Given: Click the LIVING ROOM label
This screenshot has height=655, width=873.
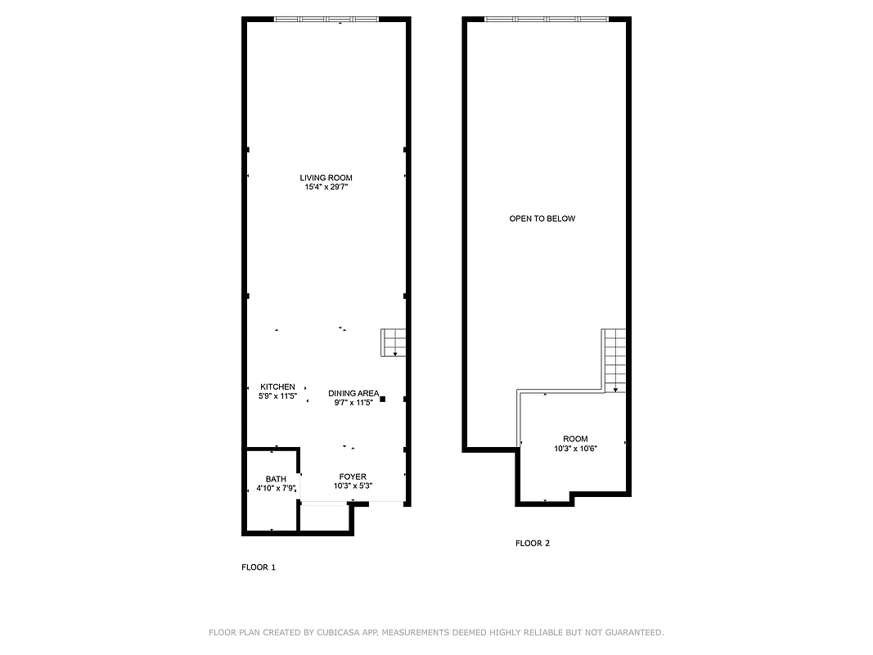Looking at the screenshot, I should [326, 178].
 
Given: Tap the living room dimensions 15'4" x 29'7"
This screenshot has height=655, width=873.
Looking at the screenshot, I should [326, 187].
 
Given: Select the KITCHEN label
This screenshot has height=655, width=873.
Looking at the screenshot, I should [277, 386].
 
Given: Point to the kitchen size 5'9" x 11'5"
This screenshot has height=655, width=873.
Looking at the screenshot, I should [277, 395].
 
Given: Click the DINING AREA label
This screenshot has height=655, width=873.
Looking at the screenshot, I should [353, 393].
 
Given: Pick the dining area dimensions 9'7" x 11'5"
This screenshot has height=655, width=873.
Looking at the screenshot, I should [353, 402].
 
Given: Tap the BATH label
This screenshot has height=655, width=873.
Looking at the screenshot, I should [276, 479].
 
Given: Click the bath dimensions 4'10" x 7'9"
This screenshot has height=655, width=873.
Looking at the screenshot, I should [276, 489].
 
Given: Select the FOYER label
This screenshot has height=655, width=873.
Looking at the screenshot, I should [353, 477].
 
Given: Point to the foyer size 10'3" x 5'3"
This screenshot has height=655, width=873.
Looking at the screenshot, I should [353, 486].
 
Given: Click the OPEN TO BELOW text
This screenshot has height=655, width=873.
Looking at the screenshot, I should [542, 219].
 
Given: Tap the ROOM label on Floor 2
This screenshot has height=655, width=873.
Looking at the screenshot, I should [575, 439].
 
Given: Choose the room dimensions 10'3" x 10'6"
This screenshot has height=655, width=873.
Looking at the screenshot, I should [575, 449].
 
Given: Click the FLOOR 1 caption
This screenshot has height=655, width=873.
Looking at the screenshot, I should [259, 567].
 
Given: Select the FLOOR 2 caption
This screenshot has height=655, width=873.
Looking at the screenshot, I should [533, 543].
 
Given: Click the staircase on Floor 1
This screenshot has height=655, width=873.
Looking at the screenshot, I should [394, 342].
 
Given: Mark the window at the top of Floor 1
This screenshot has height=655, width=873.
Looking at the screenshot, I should [326, 19].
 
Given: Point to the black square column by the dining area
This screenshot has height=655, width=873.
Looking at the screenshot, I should [382, 399].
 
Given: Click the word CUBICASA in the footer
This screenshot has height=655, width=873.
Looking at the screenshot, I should [338, 632].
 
